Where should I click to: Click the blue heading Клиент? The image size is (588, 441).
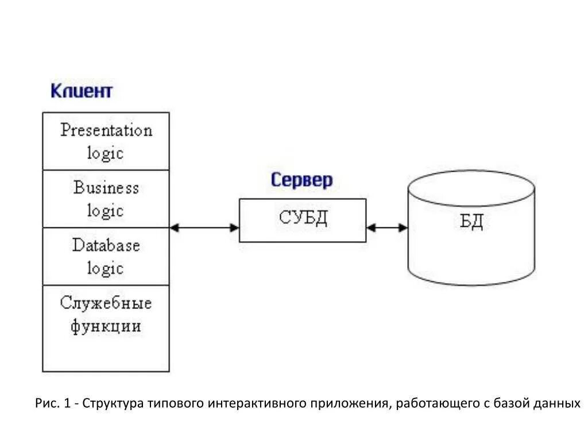82,91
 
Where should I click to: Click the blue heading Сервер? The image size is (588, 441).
301,180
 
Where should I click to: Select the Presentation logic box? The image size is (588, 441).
106,141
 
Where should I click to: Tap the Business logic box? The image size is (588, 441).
106,199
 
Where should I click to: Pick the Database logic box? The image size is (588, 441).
106,257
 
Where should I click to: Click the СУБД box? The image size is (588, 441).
303,220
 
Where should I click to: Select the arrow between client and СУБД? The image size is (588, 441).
204,227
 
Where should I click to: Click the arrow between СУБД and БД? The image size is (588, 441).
387,227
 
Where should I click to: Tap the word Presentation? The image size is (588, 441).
106,130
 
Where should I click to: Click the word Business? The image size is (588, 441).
106,188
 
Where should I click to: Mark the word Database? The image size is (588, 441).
106,245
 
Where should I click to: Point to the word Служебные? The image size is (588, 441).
106,303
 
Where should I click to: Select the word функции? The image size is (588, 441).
106,326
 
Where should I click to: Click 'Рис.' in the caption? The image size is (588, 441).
46,403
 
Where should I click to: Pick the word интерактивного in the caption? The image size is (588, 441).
257,403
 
